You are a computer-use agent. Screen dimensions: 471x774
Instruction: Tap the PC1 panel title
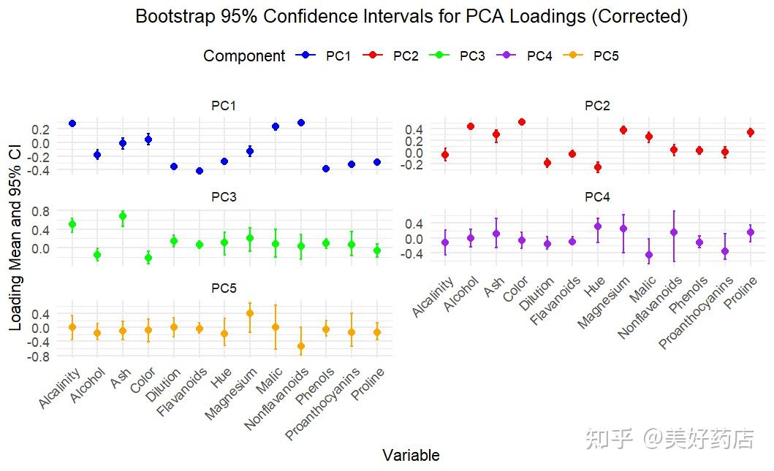pyautogui.click(x=224, y=106)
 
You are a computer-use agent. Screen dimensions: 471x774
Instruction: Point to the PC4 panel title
pyautogui.click(x=597, y=197)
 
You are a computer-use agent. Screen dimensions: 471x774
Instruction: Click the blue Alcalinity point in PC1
pyautogui.click(x=72, y=123)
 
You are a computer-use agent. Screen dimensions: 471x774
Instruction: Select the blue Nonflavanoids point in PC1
pyautogui.click(x=300, y=123)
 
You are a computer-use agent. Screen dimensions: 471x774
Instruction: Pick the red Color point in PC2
pyautogui.click(x=521, y=122)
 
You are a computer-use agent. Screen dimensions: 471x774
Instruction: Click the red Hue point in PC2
pyautogui.click(x=597, y=167)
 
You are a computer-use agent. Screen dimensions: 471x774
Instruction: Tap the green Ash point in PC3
pyautogui.click(x=123, y=216)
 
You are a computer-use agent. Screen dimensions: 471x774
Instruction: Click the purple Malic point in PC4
pyautogui.click(x=648, y=255)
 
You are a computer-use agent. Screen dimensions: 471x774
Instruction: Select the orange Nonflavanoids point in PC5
pyautogui.click(x=300, y=346)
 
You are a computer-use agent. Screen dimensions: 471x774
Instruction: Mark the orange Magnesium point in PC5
pyautogui.click(x=250, y=313)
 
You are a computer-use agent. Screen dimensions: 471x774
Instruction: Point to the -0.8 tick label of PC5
pyautogui.click(x=39, y=356)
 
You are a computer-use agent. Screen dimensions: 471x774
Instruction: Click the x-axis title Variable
pyautogui.click(x=411, y=456)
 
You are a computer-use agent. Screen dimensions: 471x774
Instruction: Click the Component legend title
pyautogui.click(x=244, y=56)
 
